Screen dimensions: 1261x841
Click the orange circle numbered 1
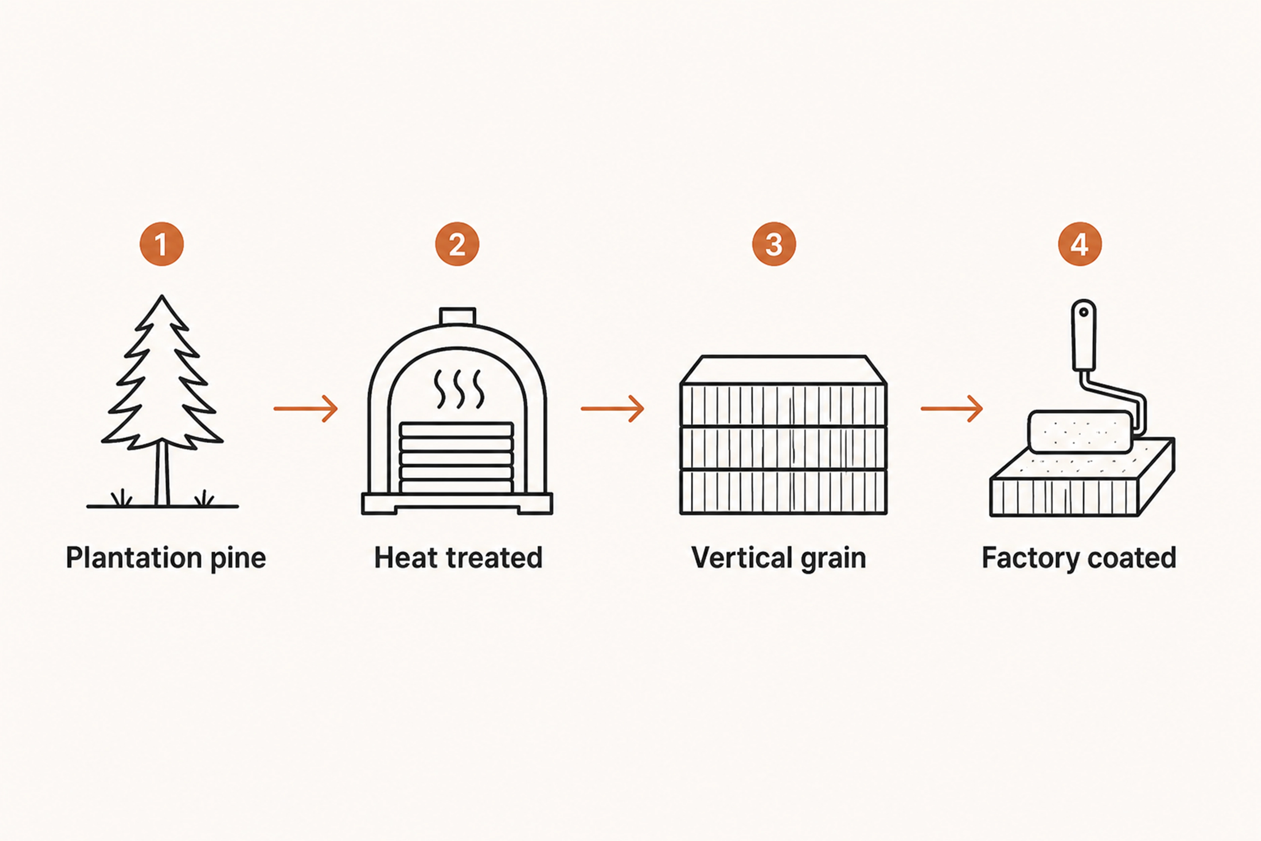tap(162, 244)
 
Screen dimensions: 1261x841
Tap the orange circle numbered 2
tap(457, 244)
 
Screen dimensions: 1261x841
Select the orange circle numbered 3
tap(774, 244)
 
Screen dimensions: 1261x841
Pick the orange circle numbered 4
tap(1080, 244)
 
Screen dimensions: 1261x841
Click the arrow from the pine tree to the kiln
tap(306, 409)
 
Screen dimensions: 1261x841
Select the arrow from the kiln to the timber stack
tap(613, 409)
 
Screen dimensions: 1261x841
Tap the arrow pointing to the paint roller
tap(952, 409)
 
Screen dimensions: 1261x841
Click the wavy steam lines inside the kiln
tap(459, 388)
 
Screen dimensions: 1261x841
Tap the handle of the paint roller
tap(1083, 335)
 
